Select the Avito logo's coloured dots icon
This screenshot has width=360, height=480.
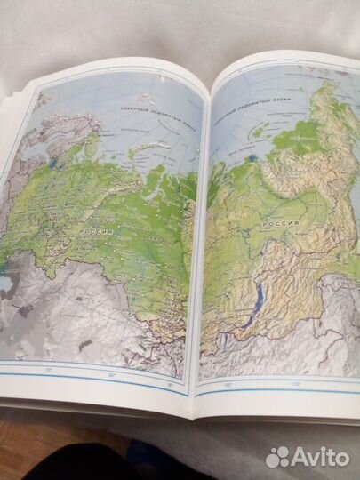point(277,456)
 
